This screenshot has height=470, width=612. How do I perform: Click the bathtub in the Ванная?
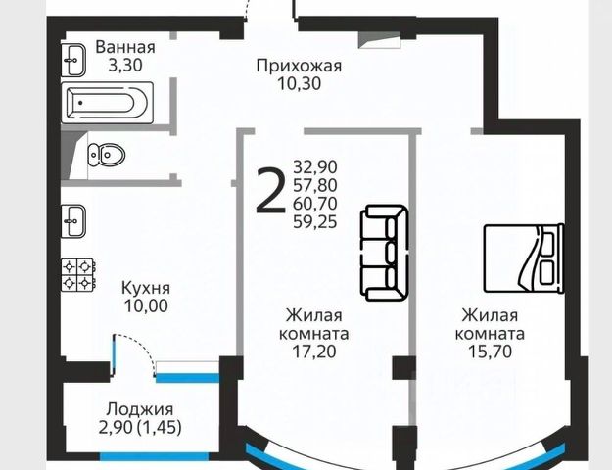[x=107, y=100]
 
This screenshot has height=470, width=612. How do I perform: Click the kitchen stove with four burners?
[x=78, y=273]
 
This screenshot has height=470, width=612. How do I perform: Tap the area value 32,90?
[x=313, y=166]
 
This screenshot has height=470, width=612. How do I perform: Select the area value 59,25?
[x=313, y=222]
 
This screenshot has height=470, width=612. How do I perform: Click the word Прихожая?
[x=299, y=66]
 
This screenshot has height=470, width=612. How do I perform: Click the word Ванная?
[x=124, y=47]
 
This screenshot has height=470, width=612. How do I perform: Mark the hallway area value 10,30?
[x=299, y=84]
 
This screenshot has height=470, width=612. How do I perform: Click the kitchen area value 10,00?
[x=146, y=305]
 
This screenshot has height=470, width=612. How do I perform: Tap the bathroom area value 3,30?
[x=124, y=66]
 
